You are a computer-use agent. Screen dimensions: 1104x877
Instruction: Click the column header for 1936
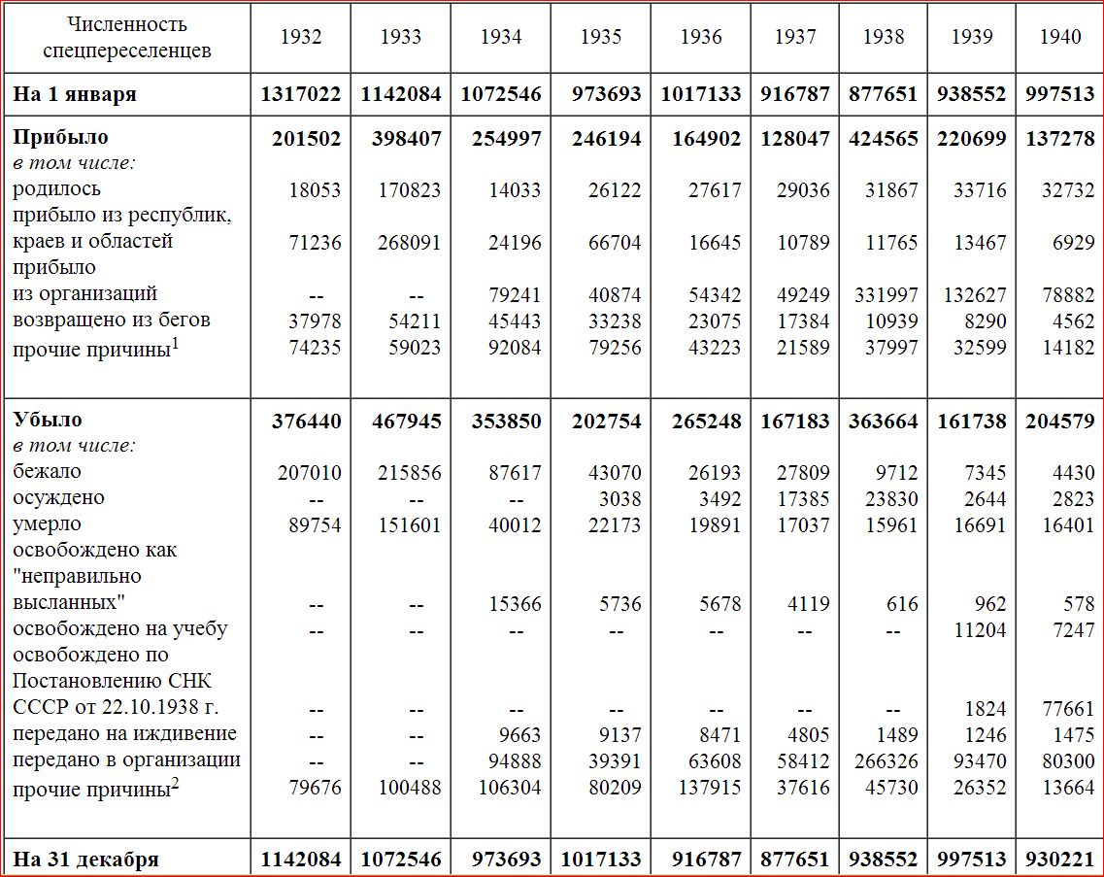701,37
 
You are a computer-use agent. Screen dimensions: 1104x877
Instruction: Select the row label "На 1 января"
75,94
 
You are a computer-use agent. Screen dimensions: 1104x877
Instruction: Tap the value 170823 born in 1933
409,190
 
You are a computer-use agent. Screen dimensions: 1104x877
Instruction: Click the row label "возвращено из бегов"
112,320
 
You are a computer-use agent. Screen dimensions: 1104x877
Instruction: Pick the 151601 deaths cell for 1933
409,525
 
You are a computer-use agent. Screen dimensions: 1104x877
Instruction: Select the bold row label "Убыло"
48,420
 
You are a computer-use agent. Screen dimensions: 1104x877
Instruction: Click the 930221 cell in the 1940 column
1059,860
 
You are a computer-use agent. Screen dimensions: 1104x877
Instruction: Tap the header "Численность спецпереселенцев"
127,37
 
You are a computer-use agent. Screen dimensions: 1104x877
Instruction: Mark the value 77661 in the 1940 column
1068,708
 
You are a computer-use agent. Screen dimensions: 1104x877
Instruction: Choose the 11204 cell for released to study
980,629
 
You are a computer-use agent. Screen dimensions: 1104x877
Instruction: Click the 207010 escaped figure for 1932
309,473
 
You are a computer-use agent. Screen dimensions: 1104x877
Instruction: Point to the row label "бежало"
47,471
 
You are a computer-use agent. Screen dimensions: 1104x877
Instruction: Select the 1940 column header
1059,37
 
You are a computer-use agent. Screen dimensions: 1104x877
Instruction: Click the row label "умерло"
47,524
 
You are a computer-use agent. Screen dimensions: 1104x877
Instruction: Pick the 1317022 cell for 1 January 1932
301,94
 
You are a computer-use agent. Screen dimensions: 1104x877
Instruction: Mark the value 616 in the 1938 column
902,604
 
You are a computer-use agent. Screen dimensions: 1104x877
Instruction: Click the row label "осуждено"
58,498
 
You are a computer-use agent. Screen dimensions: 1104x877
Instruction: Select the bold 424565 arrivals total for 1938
883,139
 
